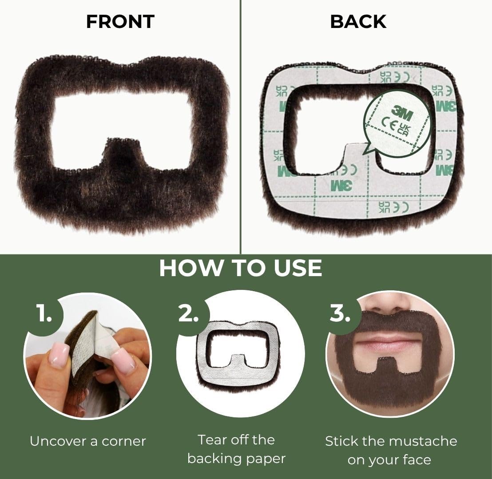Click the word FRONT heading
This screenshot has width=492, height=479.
point(120,22)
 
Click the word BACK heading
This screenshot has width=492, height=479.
point(358,22)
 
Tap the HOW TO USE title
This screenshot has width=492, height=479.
point(240,268)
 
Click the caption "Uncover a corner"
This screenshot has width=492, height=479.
point(88,441)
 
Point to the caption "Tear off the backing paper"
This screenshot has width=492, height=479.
point(236,449)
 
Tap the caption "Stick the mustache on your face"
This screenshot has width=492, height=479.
point(391,450)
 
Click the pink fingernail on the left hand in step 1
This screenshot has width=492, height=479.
point(59,355)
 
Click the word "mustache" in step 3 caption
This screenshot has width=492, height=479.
point(422,441)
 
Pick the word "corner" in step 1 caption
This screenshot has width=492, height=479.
point(124,441)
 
